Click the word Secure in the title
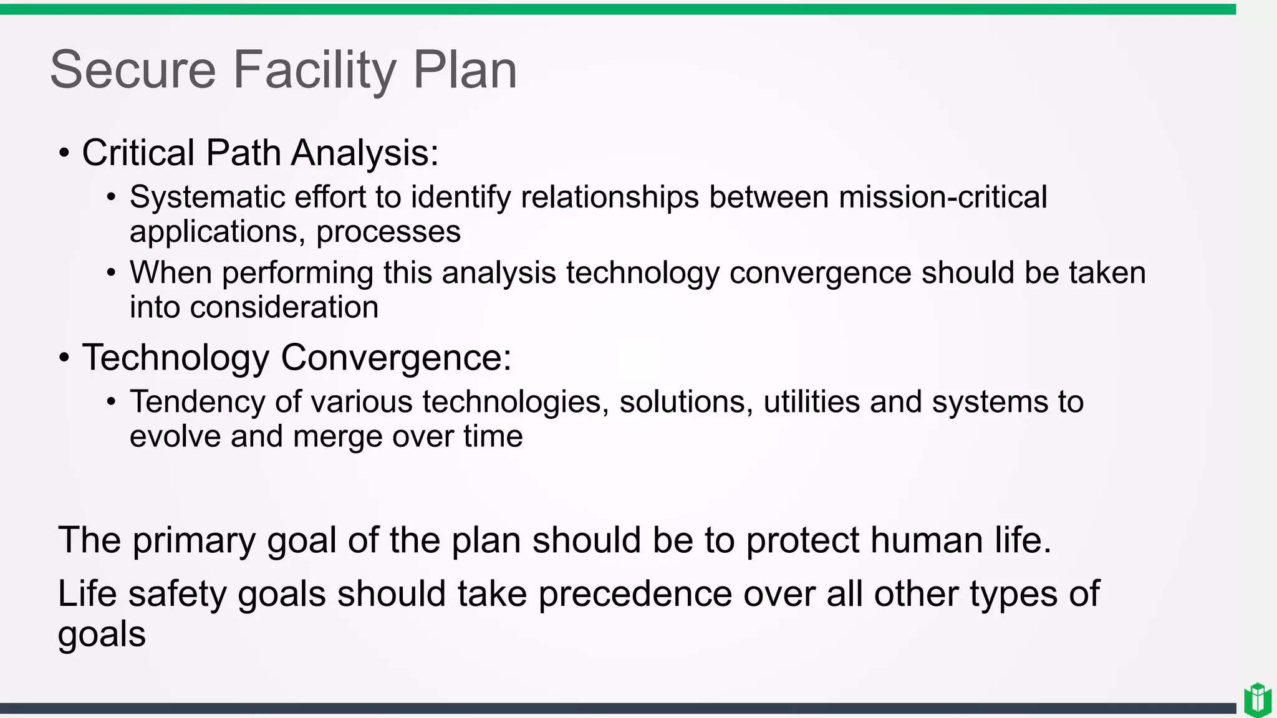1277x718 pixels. pyautogui.click(x=132, y=70)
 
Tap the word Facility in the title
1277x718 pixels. pyautogui.click(x=314, y=70)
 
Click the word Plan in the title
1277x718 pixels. pyautogui.click(x=465, y=70)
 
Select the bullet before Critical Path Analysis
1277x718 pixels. pyautogui.click(x=64, y=153)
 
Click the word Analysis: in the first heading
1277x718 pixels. pyautogui.click(x=365, y=153)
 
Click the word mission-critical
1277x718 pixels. pyautogui.click(x=942, y=198)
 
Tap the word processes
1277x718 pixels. pyautogui.click(x=388, y=232)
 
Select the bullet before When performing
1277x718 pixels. pyautogui.click(x=111, y=273)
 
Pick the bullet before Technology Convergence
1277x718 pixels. pyautogui.click(x=64, y=358)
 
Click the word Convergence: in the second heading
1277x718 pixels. pyautogui.click(x=396, y=358)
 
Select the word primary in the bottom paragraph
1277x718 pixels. pyautogui.click(x=194, y=540)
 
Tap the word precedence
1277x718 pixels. pyautogui.click(x=635, y=593)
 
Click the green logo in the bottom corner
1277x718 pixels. pyautogui.click(x=1257, y=700)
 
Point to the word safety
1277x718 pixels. pyautogui.click(x=177, y=593)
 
